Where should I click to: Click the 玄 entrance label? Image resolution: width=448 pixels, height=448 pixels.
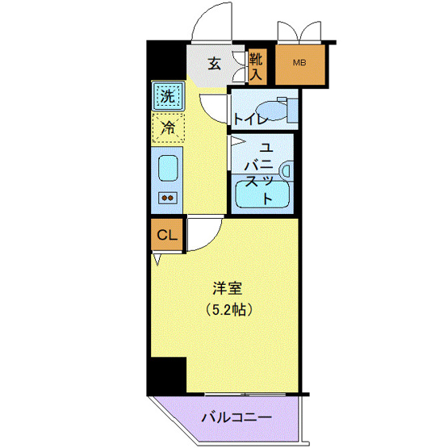coord(214,64)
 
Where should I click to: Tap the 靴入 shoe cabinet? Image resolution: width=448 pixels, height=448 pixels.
coord(256,65)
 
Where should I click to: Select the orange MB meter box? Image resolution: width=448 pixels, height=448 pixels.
coord(299,63)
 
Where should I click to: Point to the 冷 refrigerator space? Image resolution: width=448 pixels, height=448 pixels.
coord(167,127)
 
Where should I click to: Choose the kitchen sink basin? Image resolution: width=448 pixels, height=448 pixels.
coord(167,168)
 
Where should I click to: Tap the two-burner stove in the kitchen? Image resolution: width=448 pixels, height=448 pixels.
coord(167,196)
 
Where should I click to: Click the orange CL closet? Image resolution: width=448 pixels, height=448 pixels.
coord(166,236)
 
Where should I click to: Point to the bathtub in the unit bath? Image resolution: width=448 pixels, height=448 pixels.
coord(262,196)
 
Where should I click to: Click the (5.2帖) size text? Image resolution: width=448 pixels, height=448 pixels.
coord(227,309)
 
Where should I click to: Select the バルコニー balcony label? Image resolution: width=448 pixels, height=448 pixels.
coord(236,418)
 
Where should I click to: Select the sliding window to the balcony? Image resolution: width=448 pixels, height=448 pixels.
coord(242,393)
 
